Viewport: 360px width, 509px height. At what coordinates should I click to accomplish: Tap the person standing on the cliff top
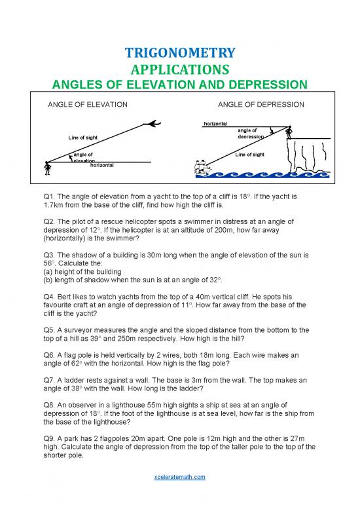(290, 134)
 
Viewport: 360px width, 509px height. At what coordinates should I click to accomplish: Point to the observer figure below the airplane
(46, 168)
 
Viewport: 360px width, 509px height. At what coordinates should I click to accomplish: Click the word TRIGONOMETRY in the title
(180, 52)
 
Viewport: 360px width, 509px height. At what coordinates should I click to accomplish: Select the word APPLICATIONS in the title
(180, 69)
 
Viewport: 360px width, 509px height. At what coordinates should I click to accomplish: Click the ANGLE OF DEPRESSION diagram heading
(261, 104)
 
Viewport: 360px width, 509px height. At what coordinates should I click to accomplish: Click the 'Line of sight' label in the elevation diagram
(82, 137)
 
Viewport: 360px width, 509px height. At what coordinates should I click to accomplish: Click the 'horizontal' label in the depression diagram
(215, 123)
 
